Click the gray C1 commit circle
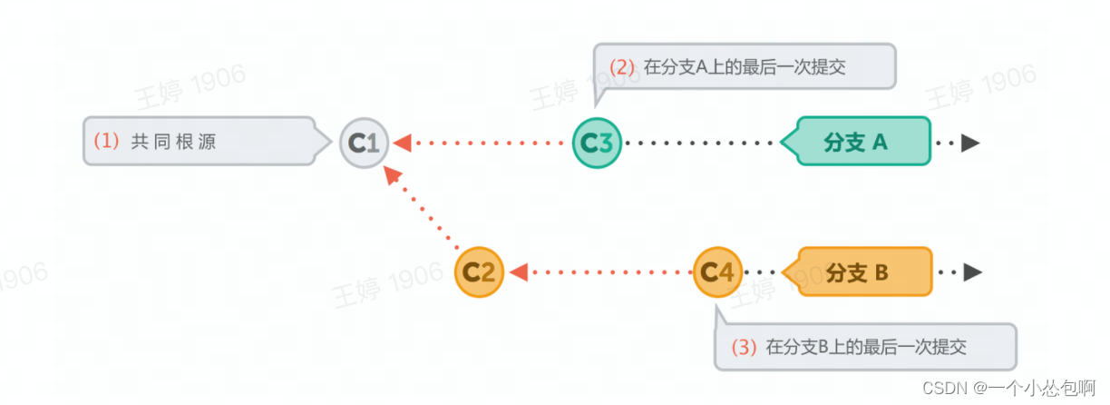tap(365, 143)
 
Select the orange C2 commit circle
tap(478, 271)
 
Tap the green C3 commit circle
tap(597, 143)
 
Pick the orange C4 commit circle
tap(717, 271)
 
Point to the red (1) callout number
tap(106, 142)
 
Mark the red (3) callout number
tap(743, 347)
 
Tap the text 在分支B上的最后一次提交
tap(865, 347)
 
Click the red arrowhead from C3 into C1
tap(404, 143)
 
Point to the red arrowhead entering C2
tap(517, 271)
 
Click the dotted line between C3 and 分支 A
tap(699, 143)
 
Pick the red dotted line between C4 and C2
tap(608, 271)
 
